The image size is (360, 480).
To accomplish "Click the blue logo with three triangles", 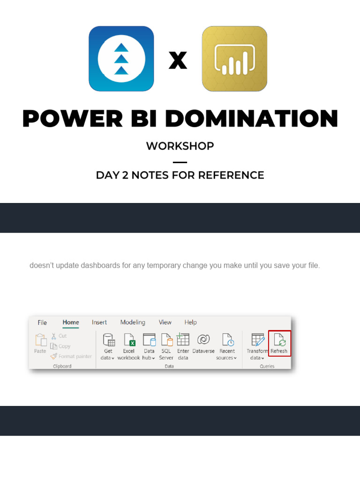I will pos(121,59).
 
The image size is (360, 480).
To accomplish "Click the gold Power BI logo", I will pos(234,59).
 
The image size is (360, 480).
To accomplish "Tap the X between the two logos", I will pos(178,60).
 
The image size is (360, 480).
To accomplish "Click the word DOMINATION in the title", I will pos(251,119).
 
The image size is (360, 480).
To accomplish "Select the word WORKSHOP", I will pos(180,146).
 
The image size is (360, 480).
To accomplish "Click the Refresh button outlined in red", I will pos(279,343).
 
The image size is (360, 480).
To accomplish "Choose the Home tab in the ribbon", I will pos(71,322).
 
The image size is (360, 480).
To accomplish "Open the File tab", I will pos(42,322).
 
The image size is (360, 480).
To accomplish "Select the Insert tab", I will pos(99,322).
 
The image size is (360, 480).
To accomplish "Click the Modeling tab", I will pos(133,322).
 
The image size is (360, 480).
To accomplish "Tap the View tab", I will pos(165,322).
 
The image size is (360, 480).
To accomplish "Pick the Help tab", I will pos(190,322).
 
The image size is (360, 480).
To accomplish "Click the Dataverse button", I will pos(203,344).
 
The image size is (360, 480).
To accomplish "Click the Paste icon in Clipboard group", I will pos(40,343).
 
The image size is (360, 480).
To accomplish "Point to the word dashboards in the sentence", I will pos(97,265).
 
